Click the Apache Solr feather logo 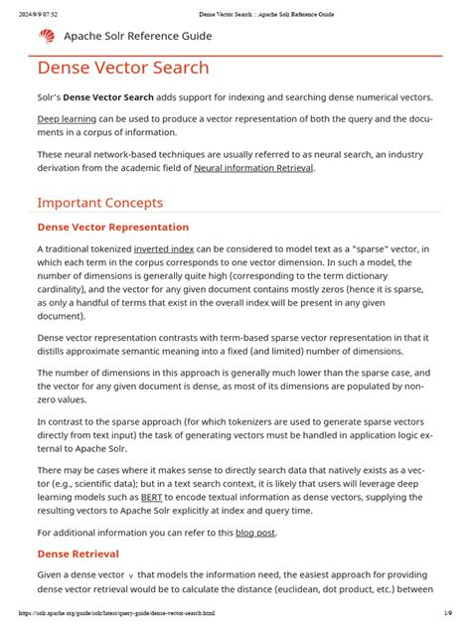coord(48,36)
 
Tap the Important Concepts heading coord(99,203)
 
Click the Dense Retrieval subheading coord(78,553)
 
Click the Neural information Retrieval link coord(253,168)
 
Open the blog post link coord(255,533)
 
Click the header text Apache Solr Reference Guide coord(137,36)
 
